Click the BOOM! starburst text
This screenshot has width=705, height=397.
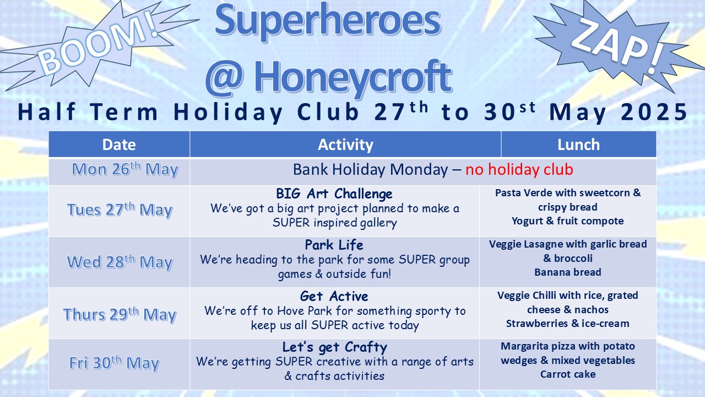(x=98, y=43)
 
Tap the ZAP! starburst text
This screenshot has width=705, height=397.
(x=617, y=46)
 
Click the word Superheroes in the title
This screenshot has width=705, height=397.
(x=328, y=21)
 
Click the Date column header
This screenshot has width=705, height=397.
(x=119, y=144)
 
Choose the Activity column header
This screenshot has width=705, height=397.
(x=345, y=144)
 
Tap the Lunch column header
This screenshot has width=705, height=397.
(x=578, y=144)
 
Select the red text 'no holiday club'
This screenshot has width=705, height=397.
(x=519, y=169)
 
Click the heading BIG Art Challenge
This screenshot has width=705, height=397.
(x=334, y=194)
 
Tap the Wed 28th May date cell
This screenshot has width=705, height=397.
(x=120, y=262)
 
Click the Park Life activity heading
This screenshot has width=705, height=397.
(x=334, y=245)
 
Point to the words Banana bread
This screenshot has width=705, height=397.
(x=568, y=272)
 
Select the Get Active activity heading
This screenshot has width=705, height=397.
(x=334, y=296)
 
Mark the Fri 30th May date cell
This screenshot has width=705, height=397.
(x=114, y=363)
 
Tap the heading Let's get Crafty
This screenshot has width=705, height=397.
(x=334, y=347)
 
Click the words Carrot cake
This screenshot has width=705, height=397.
(x=568, y=374)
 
